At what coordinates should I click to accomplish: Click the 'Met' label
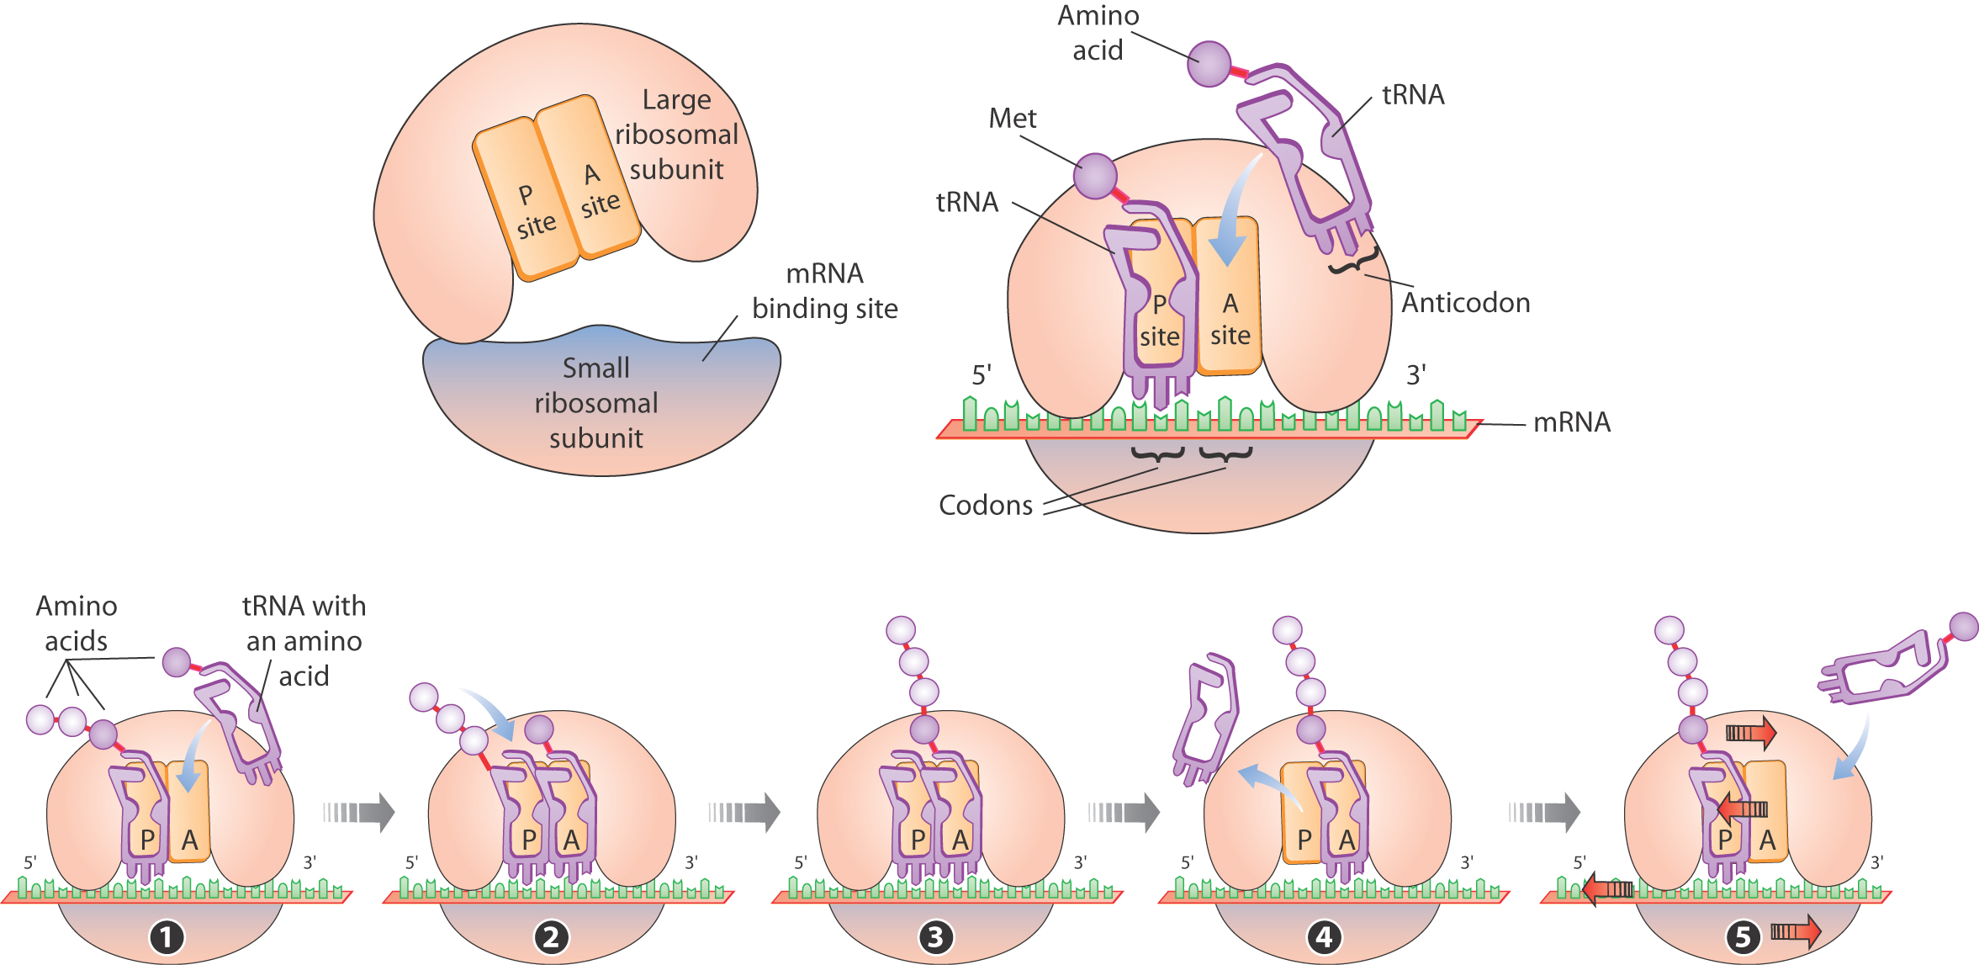1013,119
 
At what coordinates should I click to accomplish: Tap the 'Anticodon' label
1465,303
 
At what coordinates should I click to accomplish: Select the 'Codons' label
986,505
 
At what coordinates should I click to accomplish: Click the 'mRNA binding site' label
825,291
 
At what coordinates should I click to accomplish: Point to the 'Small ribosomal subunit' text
596,403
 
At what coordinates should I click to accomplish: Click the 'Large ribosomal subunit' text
676,135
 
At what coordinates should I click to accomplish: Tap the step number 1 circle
166,937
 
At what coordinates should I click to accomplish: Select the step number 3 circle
935,936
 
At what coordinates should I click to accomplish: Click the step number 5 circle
1743,936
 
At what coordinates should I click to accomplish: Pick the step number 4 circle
1324,936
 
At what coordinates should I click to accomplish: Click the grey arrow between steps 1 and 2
359,812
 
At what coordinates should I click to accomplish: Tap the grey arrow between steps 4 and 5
1544,812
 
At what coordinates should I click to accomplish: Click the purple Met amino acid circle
1096,177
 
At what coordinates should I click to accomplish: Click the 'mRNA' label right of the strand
1572,422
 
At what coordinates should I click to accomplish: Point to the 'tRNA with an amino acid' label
304,641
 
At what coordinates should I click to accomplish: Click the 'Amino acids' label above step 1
77,623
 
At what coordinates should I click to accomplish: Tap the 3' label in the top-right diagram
1416,374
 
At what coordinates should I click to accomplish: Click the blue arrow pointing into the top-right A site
1233,210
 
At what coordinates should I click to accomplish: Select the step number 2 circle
551,936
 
